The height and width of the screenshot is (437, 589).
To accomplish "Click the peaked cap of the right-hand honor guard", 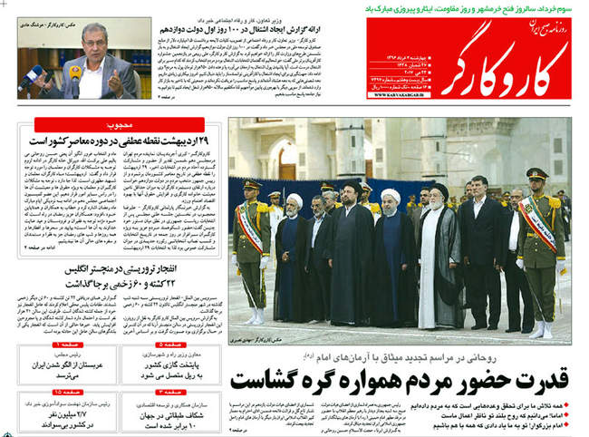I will [536, 173].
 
